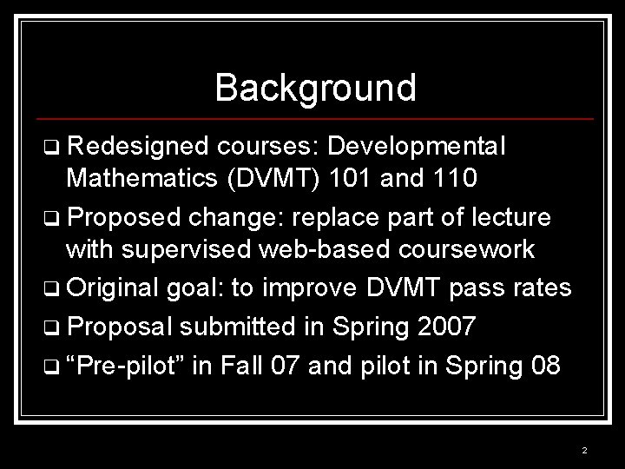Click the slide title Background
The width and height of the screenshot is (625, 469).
(x=315, y=88)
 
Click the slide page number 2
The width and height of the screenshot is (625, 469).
(x=584, y=451)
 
